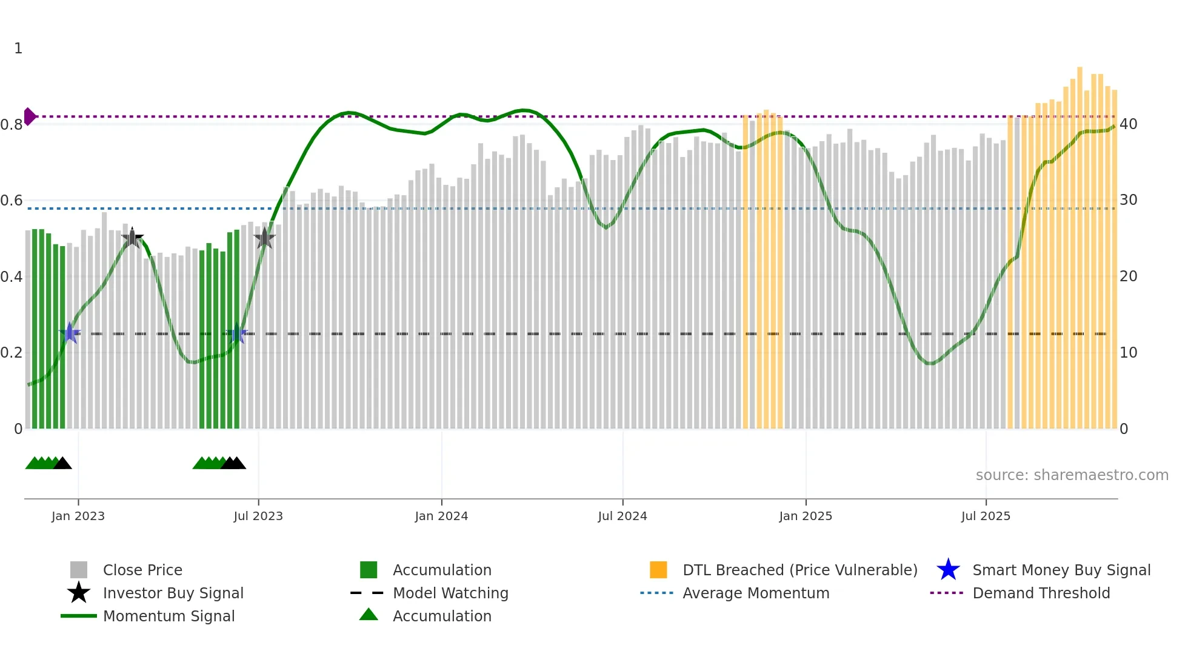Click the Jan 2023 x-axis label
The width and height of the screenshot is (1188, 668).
[78, 516]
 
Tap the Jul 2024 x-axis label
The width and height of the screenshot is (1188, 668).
[622, 516]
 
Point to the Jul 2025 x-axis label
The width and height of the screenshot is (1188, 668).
[986, 516]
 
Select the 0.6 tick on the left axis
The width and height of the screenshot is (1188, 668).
[12, 201]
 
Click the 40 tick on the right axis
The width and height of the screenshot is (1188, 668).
[1128, 124]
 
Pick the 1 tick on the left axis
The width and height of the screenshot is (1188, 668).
[18, 48]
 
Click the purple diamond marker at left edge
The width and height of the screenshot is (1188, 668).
[29, 116]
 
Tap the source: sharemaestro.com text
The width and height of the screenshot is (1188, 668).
[1072, 475]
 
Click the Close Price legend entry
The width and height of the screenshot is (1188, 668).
[142, 570]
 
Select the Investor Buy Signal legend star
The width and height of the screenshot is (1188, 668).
[79, 593]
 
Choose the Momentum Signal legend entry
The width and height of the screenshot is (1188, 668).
[169, 616]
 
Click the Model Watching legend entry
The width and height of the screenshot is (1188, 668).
[450, 593]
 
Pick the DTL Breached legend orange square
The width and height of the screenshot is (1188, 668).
[658, 570]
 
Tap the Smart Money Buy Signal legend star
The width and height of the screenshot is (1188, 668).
[948, 570]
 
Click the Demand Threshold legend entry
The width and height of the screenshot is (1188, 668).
[1041, 593]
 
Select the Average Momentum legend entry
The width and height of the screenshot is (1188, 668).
[755, 593]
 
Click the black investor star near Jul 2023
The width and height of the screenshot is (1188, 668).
[264, 238]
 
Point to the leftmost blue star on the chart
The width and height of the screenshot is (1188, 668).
[70, 333]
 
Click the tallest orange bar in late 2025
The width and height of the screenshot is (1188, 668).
[1080, 242]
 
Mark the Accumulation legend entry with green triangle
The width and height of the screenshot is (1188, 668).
[369, 615]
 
